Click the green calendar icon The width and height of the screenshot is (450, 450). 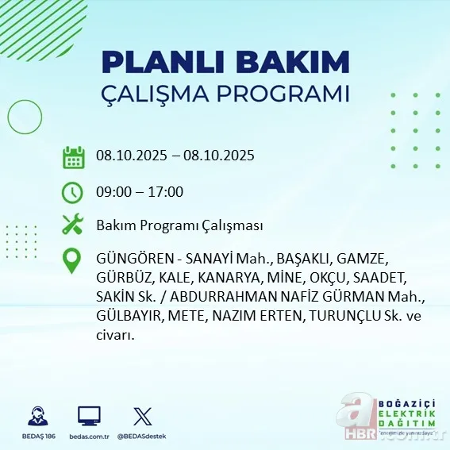pos(73,156)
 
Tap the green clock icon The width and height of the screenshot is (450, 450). pos(73,192)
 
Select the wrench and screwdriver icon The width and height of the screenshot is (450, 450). pos(73,225)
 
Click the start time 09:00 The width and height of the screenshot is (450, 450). pos(112,192)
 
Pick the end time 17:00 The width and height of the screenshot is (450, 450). pos(167,192)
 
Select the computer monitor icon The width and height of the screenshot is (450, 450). pos(89,415)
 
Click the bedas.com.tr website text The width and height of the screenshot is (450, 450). pos(89,437)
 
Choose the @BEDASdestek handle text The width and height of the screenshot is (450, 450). pos(143,437)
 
